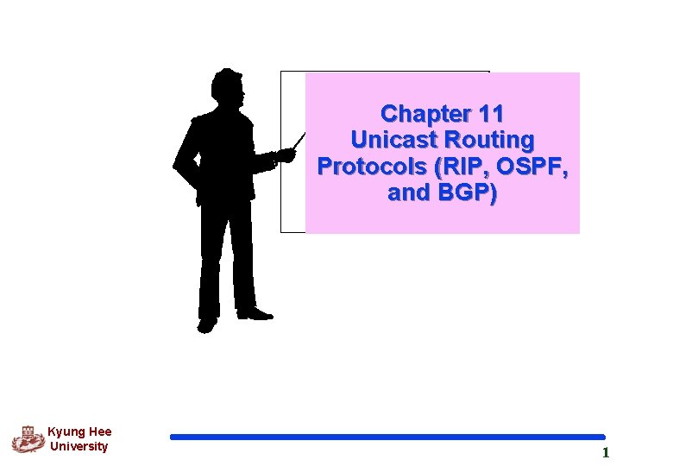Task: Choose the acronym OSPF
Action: click(531, 166)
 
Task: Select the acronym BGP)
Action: click(467, 192)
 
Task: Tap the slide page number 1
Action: click(606, 452)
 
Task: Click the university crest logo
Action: click(27, 439)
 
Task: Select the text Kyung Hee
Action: click(79, 432)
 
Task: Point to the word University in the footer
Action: click(79, 447)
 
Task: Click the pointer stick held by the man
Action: click(298, 142)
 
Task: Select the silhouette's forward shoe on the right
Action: click(255, 314)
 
